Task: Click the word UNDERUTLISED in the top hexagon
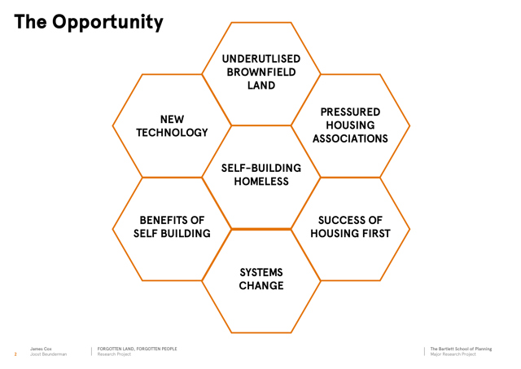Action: coord(261,59)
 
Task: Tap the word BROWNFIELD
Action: coord(261,72)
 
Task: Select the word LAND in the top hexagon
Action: coord(261,86)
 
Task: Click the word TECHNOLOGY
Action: coord(172,133)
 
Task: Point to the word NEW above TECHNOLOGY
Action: coord(172,120)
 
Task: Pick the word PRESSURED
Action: coord(350,112)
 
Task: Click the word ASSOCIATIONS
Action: coord(350,138)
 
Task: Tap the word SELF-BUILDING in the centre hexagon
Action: coord(261,169)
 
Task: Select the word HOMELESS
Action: coord(261,182)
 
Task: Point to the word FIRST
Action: coord(376,234)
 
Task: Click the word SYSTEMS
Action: coord(261,273)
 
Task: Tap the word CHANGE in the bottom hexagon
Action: coord(261,286)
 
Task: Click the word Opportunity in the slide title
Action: coord(107,23)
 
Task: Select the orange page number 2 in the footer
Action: coord(15,354)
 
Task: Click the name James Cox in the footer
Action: coord(41,349)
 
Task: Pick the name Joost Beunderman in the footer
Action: coord(49,354)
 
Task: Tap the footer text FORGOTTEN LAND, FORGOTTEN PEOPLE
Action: coord(138,349)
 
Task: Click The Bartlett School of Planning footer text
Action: coord(461,349)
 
